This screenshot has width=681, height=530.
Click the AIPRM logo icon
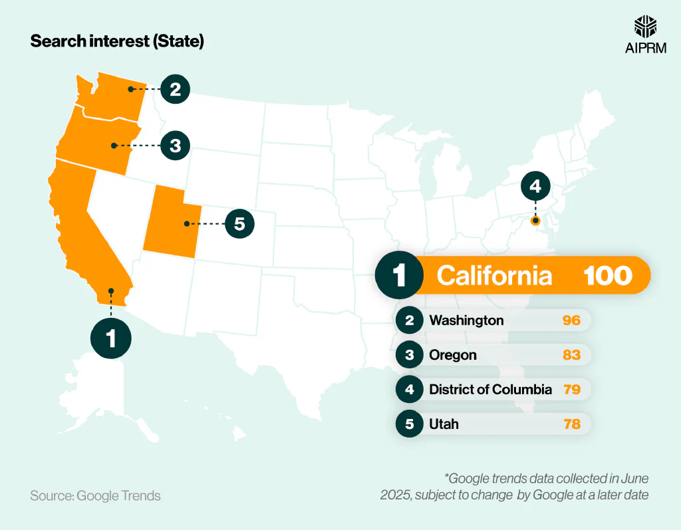point(645,26)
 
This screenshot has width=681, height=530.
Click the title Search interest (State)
point(117,41)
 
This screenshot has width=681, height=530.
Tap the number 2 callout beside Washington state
point(175,89)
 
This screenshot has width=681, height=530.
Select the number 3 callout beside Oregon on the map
point(175,145)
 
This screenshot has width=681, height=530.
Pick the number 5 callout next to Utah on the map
point(239,223)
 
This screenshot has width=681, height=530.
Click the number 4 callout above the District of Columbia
point(535,187)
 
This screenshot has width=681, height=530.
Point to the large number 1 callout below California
point(111,338)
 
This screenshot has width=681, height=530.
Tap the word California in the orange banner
point(494,275)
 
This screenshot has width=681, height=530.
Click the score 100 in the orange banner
point(607,275)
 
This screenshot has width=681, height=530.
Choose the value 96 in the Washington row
point(571,321)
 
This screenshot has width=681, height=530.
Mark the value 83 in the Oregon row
point(571,355)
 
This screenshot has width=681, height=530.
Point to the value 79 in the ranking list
point(571,390)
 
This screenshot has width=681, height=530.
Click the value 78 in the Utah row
point(571,424)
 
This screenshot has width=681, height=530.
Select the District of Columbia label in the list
point(490,390)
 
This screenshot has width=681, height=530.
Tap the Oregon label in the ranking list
point(453,355)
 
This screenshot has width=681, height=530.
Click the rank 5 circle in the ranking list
point(410,424)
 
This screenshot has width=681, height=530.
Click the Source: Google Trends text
point(95,496)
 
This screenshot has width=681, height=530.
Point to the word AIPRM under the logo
point(645,48)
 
